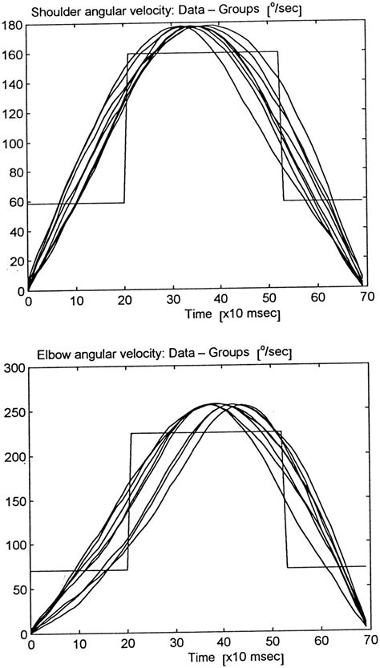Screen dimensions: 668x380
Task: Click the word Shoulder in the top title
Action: (x=51, y=10)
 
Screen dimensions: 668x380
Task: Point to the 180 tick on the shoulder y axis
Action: (x=14, y=26)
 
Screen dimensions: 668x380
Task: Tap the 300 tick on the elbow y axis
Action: (x=14, y=369)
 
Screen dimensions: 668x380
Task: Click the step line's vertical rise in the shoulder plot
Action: (x=126, y=128)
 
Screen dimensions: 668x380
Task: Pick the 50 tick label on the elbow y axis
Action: (x=18, y=589)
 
